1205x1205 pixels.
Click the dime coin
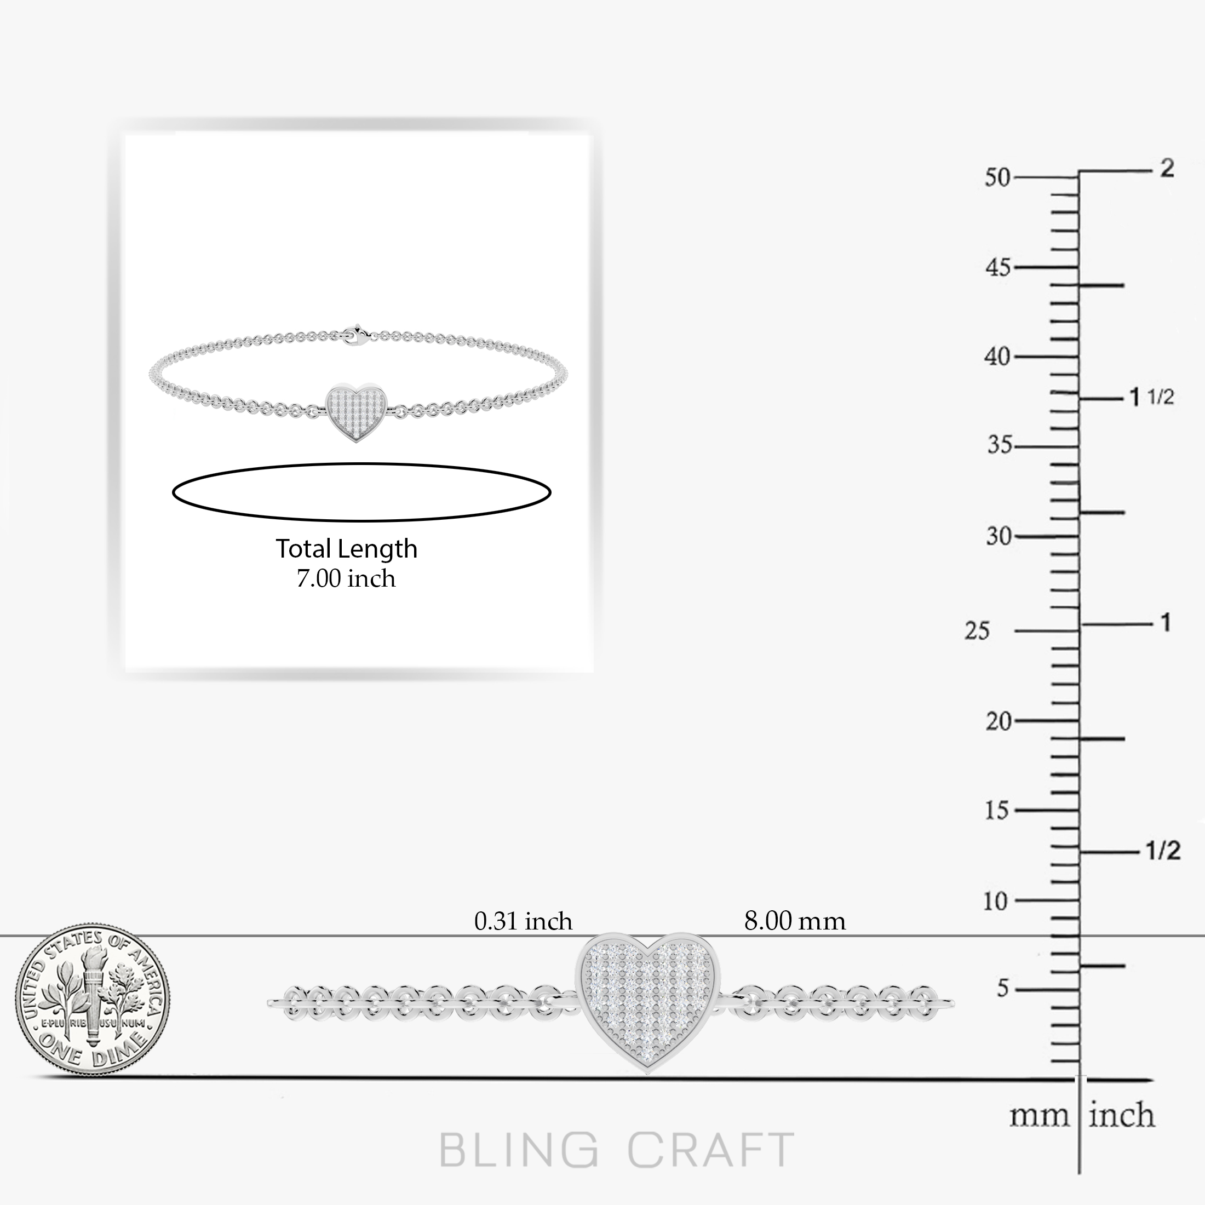93,1001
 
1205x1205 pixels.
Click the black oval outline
361,464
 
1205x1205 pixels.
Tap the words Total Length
346,549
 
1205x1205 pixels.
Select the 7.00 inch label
346,579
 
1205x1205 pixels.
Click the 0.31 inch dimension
523,921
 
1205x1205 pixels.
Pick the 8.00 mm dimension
795,921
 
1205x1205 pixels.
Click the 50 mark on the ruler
997,178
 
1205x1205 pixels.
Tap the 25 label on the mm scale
977,631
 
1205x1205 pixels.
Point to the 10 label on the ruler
995,901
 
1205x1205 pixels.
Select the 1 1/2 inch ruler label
1152,397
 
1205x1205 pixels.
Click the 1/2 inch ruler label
1163,851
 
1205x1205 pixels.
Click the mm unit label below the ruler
1039,1116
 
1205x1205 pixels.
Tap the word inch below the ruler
1121,1116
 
